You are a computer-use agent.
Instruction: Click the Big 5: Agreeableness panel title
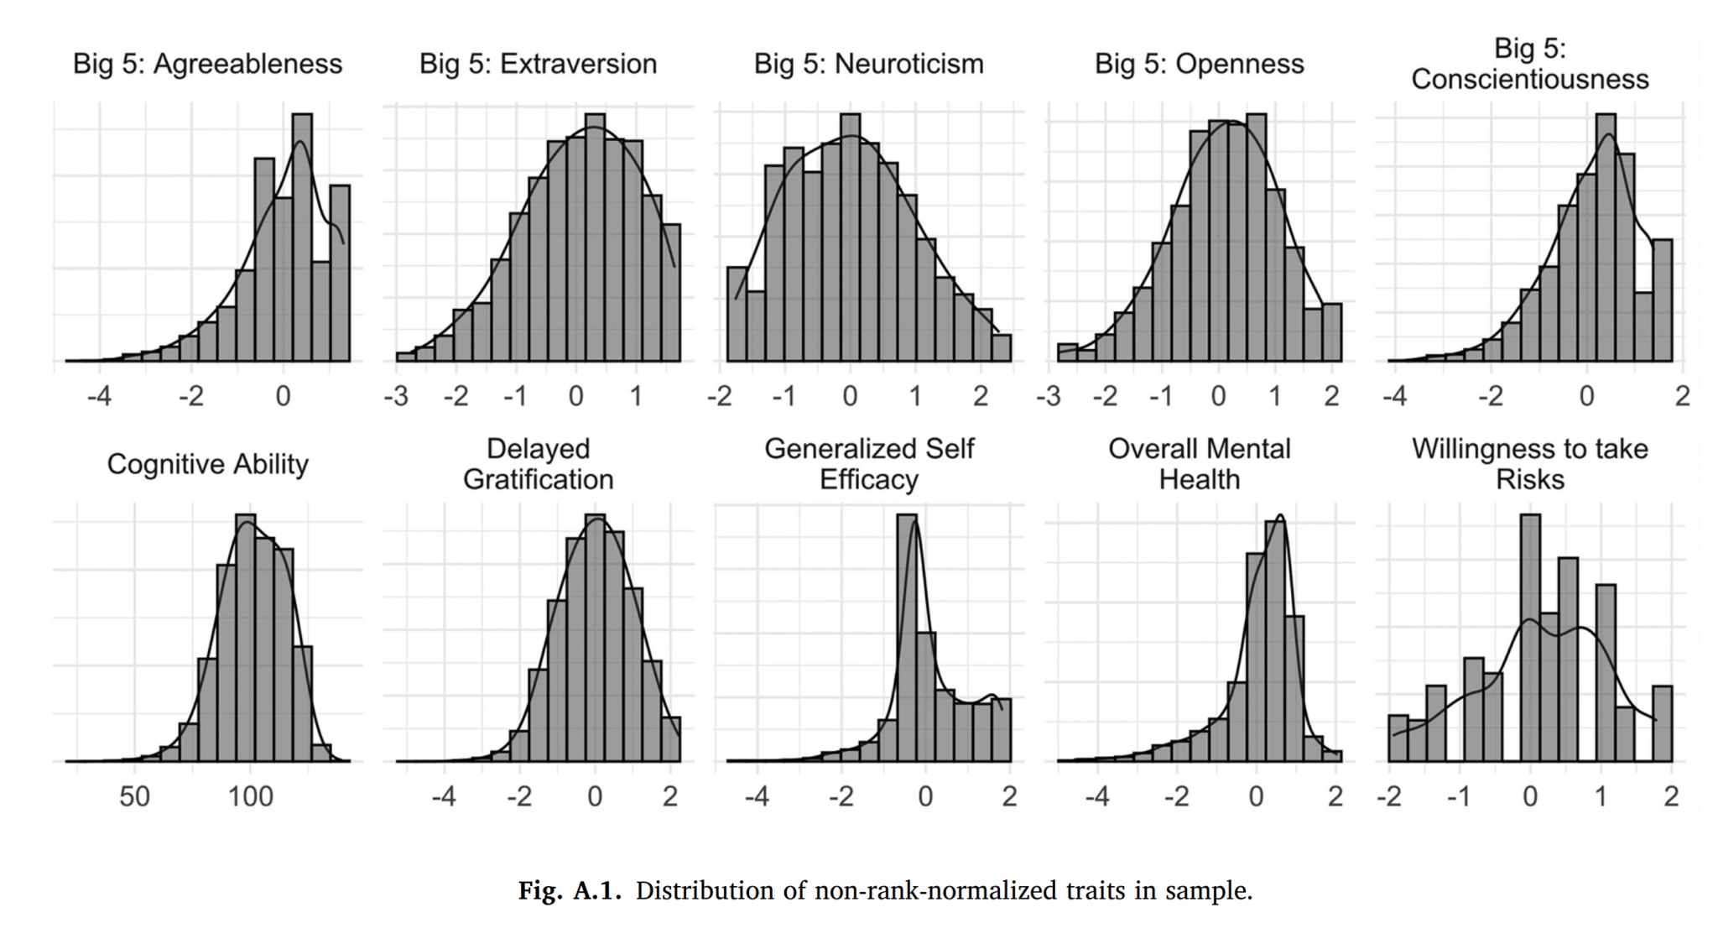(x=207, y=64)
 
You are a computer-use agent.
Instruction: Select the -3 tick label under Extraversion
(x=395, y=396)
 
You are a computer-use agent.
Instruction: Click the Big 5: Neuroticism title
(x=868, y=64)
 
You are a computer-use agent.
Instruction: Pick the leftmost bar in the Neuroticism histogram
(x=737, y=315)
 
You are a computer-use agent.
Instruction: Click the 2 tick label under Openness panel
(x=1331, y=396)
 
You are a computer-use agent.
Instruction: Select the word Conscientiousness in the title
(x=1529, y=79)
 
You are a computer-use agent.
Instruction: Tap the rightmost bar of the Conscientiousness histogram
(x=1663, y=300)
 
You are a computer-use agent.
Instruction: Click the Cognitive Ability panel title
(x=207, y=464)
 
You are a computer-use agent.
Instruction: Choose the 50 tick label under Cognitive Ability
(x=134, y=796)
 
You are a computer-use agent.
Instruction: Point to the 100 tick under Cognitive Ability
(x=250, y=796)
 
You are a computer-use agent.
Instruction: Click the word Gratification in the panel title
(x=538, y=479)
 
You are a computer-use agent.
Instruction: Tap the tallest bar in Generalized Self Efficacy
(x=906, y=638)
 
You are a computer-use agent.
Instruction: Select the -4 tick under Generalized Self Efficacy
(x=756, y=796)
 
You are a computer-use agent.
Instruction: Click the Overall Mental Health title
(x=1199, y=464)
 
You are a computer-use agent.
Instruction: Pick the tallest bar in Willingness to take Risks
(x=1530, y=638)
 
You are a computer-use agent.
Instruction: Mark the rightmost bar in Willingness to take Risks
(x=1663, y=723)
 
